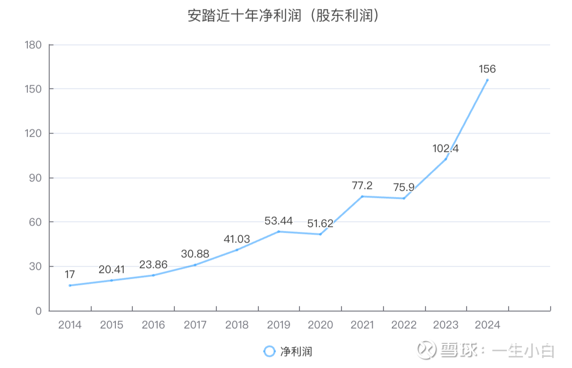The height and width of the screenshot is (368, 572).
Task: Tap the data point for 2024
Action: (487, 80)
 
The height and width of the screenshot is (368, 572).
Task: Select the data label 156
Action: (487, 69)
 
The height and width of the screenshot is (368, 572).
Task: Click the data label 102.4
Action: (446, 149)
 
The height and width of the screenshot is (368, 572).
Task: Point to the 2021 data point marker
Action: (362, 197)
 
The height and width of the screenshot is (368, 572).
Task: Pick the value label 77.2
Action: (362, 185)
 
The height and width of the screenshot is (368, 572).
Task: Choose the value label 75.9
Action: (404, 188)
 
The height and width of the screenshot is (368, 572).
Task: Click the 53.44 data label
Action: (278, 220)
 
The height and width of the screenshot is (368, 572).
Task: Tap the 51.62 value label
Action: (320, 223)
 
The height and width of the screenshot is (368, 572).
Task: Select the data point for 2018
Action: (237, 250)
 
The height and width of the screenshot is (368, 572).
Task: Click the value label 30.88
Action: (195, 254)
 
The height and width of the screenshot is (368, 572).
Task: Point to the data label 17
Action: (70, 274)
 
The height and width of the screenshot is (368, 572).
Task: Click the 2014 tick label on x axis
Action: (70, 325)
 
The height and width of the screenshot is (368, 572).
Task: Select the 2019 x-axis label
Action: (278, 325)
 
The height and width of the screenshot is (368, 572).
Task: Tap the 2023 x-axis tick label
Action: (446, 325)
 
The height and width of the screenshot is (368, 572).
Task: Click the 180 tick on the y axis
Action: (34, 45)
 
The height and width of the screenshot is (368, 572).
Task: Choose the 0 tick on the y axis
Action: (39, 311)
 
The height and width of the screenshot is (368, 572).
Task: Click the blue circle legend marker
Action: (269, 351)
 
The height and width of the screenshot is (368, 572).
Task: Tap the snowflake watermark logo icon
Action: (426, 350)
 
